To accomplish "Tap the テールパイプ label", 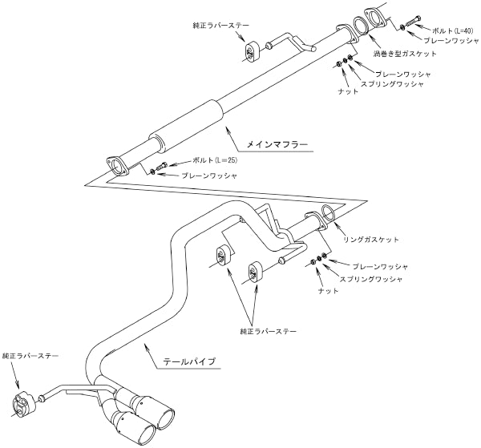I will [x=190, y=362].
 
